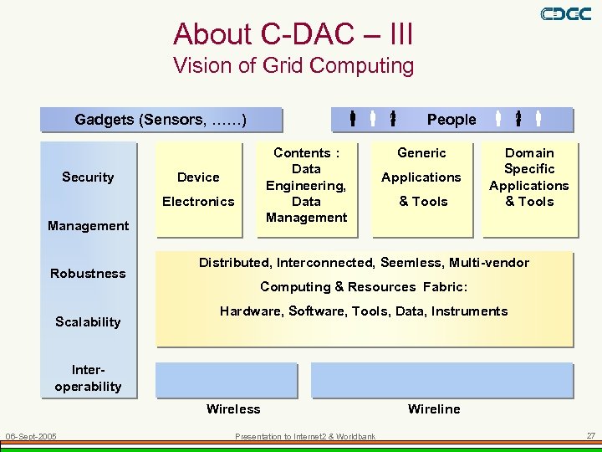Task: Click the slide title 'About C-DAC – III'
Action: point(293,34)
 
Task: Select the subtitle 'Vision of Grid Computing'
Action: point(293,65)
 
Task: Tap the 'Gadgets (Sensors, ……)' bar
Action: point(161,120)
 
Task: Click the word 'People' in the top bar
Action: point(451,120)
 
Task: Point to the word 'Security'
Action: point(88,177)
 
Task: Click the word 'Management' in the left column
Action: point(88,225)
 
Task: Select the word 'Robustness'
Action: point(88,274)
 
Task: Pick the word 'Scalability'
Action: point(88,322)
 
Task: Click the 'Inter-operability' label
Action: point(88,378)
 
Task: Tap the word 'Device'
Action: point(198,177)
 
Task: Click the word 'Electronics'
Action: point(198,201)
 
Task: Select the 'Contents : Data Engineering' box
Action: point(306,185)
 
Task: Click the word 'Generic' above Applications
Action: point(421,153)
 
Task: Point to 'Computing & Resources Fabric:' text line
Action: point(364,287)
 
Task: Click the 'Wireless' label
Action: point(233,409)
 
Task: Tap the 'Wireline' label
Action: point(434,409)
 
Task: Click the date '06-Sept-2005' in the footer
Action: point(31,436)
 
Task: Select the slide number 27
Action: point(590,436)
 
